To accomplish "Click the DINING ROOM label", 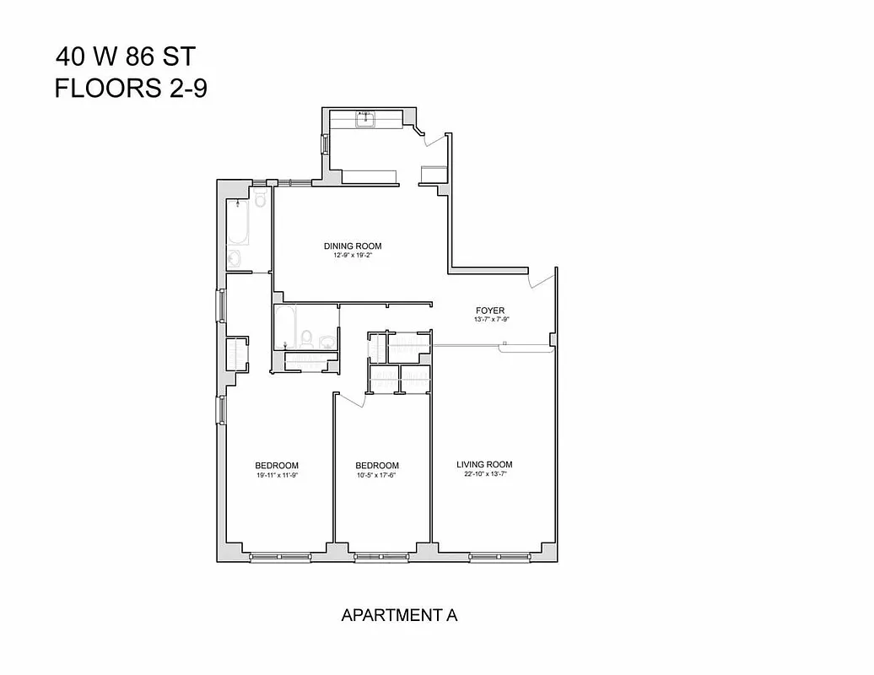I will (353, 246).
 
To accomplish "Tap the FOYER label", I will (490, 310).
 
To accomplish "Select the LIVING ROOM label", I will (484, 464).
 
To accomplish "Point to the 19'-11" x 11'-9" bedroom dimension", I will (277, 475).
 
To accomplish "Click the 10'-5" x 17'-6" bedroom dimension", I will (376, 475).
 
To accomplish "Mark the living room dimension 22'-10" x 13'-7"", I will (484, 474).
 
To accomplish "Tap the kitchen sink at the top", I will (365, 121).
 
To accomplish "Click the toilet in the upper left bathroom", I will (260, 199).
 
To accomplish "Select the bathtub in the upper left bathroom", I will (237, 221).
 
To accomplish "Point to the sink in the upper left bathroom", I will (235, 258).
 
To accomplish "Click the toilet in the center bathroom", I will (307, 339).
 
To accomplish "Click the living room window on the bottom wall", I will (500, 556).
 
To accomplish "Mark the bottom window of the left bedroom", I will (278, 556).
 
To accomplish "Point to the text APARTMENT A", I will (399, 615).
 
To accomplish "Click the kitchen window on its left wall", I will (325, 144).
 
